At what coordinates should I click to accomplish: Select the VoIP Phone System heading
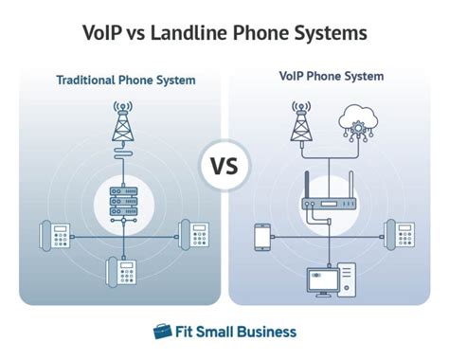pyautogui.click(x=331, y=76)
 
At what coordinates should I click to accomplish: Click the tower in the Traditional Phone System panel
pyautogui.click(x=120, y=121)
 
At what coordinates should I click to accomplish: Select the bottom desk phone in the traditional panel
pyautogui.click(x=120, y=272)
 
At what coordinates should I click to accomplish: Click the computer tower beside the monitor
pyautogui.click(x=346, y=278)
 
